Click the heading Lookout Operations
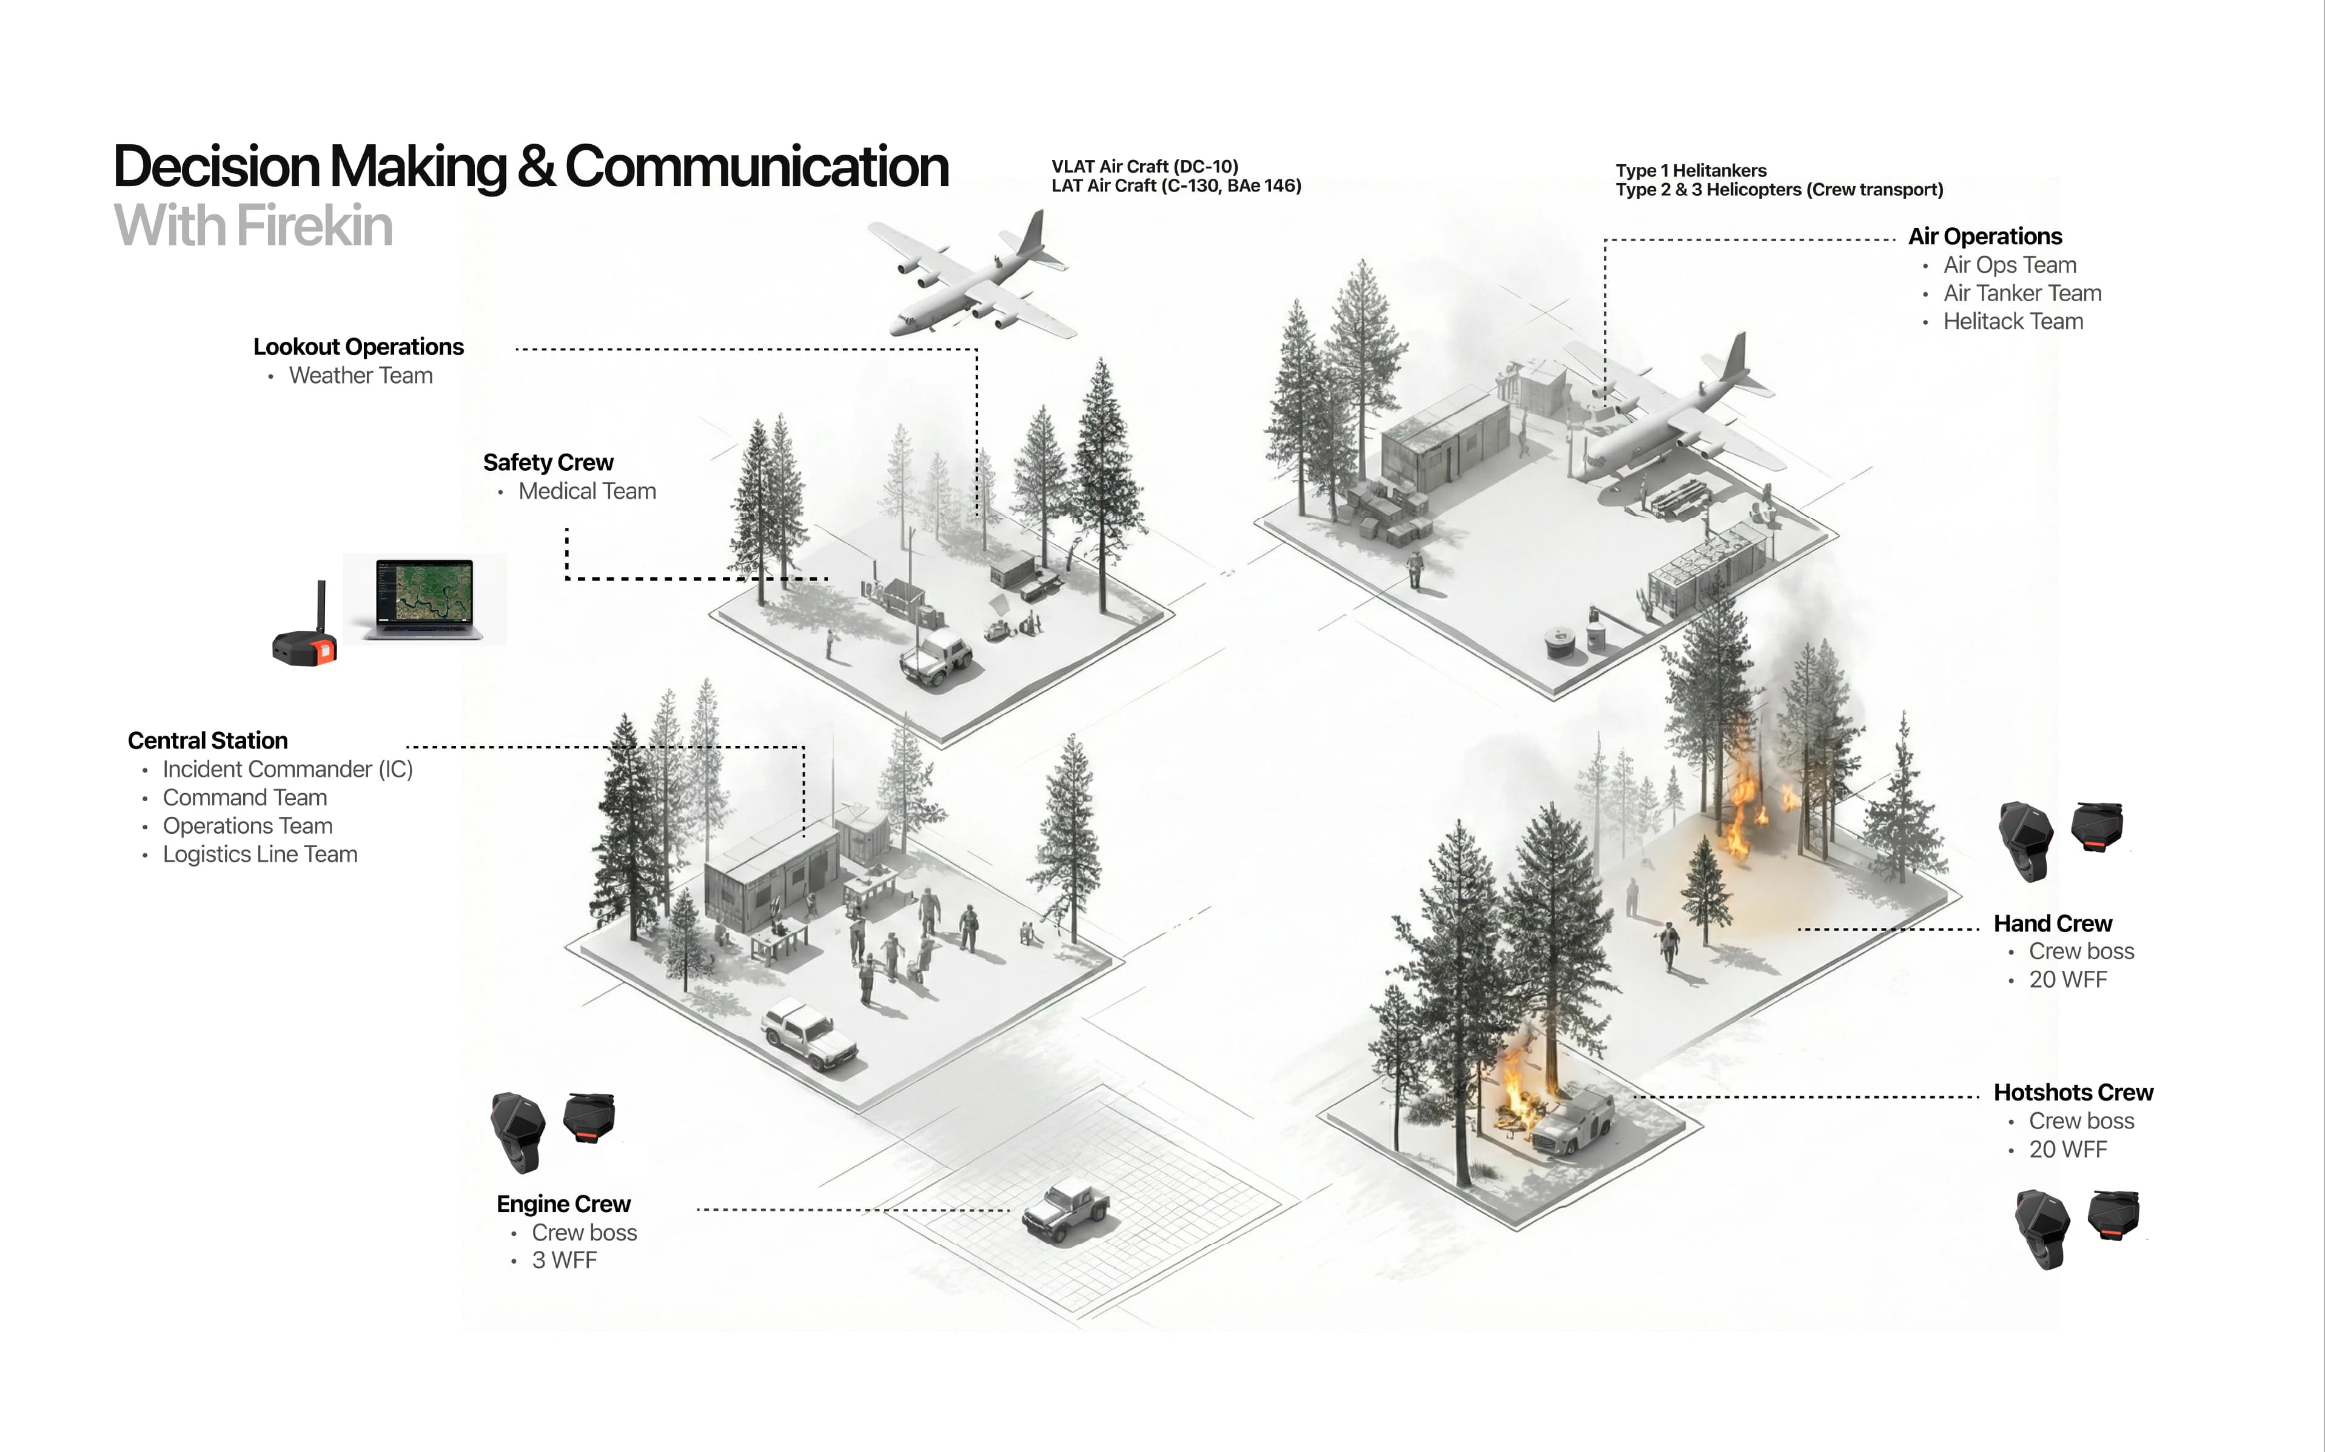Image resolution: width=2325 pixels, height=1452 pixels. tap(358, 347)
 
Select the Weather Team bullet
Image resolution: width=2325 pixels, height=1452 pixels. tap(360, 376)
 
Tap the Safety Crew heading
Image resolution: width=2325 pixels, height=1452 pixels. tap(548, 463)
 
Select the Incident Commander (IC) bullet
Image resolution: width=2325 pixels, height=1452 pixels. tap(287, 769)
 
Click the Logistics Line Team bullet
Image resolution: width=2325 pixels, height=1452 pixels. tap(260, 854)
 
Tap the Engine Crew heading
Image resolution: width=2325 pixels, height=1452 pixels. tap(563, 1204)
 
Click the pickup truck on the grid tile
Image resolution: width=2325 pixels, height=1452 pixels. tap(1064, 1212)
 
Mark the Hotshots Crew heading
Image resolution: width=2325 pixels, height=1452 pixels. tap(2072, 1093)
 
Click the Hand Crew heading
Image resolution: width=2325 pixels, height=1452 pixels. tap(2052, 924)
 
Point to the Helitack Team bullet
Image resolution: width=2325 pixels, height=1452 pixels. tap(2013, 322)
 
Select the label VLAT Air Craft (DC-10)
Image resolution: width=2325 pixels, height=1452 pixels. tap(1144, 166)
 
